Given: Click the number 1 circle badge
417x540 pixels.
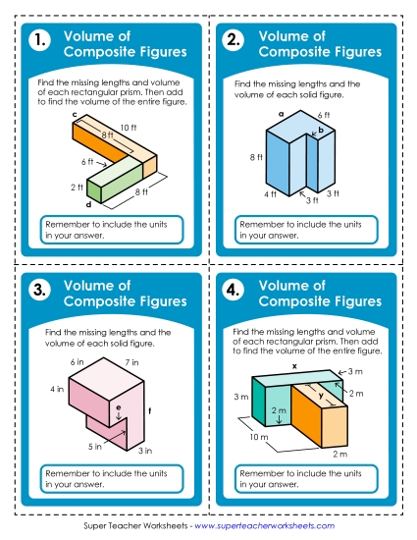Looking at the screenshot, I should pos(38,41).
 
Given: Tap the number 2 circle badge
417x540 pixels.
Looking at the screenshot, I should pos(234,41).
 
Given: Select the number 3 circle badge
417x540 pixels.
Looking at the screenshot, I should pos(38,290).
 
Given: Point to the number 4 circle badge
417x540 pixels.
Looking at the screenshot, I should pos(234,290).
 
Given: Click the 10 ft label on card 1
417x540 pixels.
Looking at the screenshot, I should pos(128,127).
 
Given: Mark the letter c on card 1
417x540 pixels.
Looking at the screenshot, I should pos(74,115).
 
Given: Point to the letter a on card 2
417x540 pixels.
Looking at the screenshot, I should pos(281,114).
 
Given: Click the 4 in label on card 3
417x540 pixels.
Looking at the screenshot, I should pos(58,390).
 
